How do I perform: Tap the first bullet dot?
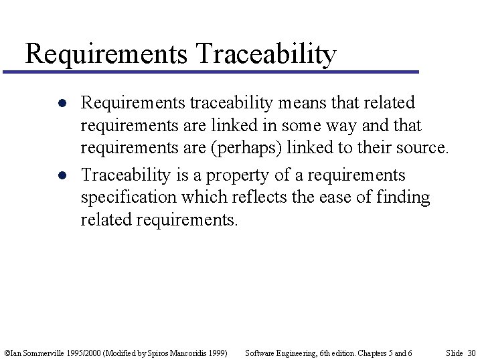click(x=61, y=103)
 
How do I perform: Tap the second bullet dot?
click(x=61, y=175)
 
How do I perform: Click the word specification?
click(x=136, y=198)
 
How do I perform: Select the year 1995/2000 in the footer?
click(x=82, y=353)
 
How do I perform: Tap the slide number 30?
click(x=471, y=353)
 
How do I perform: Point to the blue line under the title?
click(x=210, y=72)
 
